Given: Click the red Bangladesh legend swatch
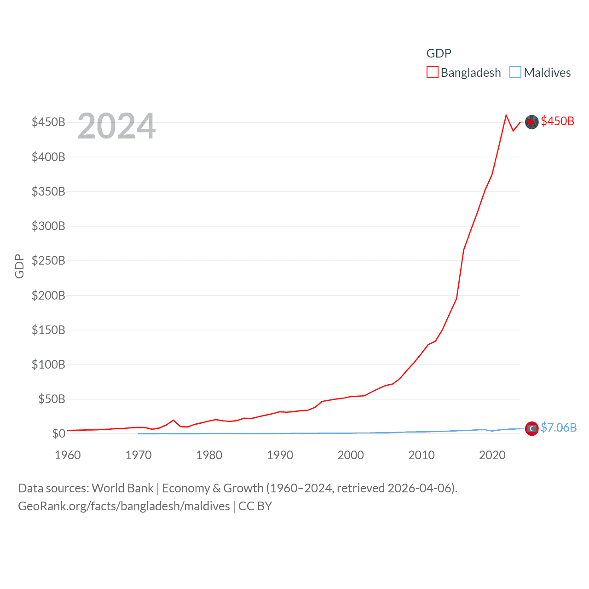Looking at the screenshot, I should [432, 73].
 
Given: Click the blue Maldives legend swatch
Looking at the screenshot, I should [515, 73].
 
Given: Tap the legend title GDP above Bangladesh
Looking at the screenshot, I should [439, 53].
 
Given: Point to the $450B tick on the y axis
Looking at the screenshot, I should [48, 122].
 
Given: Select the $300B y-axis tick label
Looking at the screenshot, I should [48, 226].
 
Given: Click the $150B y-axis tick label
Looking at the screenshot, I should [48, 330].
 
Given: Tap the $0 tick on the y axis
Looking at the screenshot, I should [59, 433].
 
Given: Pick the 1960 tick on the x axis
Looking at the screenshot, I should [68, 455].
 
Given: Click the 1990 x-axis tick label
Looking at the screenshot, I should [280, 455].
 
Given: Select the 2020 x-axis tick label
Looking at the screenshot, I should [492, 455].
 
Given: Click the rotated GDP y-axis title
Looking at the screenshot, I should [19, 266].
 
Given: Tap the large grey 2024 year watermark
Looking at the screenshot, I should [116, 126].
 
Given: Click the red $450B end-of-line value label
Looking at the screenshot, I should [557, 121].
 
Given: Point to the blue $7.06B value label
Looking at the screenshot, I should [559, 427].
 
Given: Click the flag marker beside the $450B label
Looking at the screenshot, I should [531, 122].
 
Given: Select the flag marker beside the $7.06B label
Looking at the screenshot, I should [531, 428].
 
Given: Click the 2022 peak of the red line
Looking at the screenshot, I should [506, 115].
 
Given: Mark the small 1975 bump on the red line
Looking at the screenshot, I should [173, 420].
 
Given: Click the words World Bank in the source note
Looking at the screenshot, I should [122, 488].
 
